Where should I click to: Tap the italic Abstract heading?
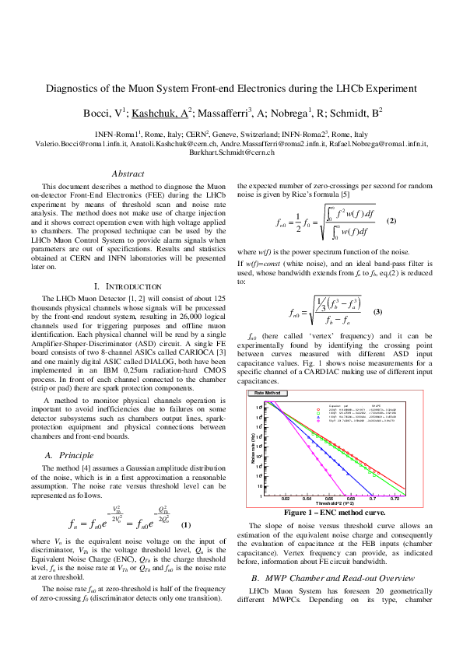(x=129, y=174)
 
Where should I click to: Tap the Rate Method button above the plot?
(x=268, y=393)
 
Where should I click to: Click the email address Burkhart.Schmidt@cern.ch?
(x=231, y=154)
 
